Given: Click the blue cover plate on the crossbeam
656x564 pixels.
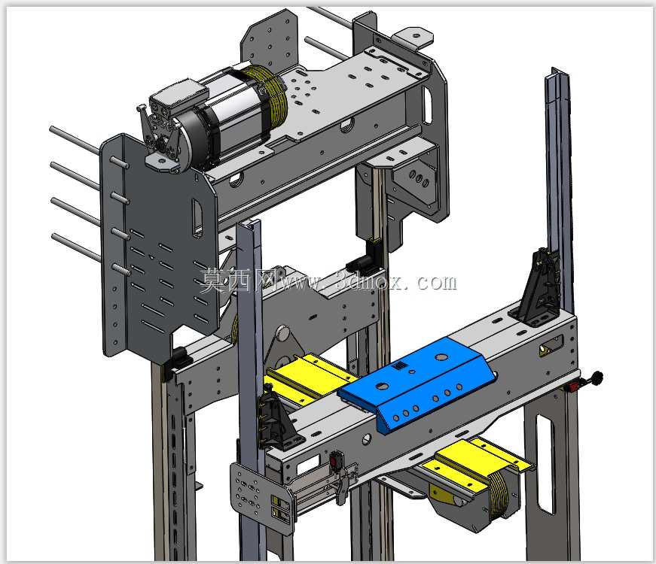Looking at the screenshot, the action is pos(416,382).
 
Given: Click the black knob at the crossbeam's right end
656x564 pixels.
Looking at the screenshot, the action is pos(596,378).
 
